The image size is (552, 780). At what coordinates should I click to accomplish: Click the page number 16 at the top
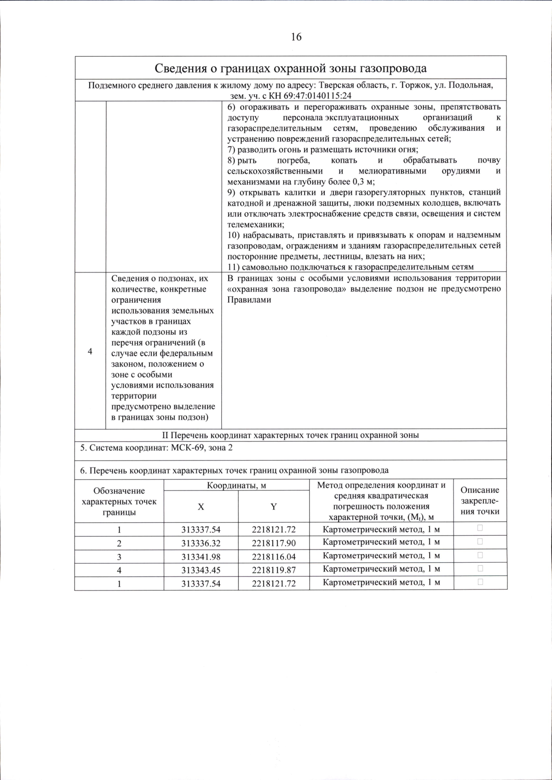(296, 37)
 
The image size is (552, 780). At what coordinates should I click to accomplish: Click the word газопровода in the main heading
(394, 69)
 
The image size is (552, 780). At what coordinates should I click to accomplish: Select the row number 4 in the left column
(90, 352)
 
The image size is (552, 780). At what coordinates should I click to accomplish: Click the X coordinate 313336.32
(201, 543)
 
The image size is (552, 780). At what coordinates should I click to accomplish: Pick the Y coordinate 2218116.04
(274, 556)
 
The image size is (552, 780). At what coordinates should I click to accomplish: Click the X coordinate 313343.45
(201, 570)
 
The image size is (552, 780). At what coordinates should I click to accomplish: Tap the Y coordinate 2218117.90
(274, 543)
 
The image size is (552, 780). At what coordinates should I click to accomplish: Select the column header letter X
(201, 507)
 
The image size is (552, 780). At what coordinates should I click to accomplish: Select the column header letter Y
(274, 507)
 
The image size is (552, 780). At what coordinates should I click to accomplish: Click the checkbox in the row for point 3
(480, 555)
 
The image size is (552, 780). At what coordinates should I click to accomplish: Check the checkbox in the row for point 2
(480, 542)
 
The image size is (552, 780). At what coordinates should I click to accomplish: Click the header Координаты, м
(236, 485)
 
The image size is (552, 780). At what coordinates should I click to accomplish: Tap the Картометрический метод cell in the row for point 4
(381, 569)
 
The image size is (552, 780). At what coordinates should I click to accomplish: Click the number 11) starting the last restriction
(234, 267)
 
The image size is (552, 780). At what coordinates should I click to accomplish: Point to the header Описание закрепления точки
(480, 501)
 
